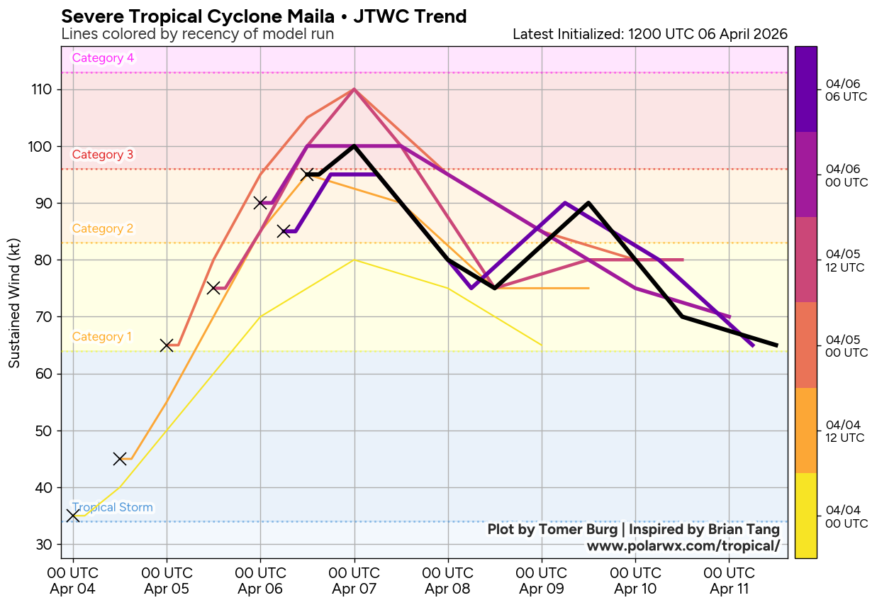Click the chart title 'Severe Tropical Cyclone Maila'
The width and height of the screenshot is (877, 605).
(264, 16)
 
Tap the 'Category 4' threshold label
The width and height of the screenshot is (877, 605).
(103, 58)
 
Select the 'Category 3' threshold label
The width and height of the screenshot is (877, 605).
(103, 155)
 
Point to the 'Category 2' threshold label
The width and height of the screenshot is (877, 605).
(103, 228)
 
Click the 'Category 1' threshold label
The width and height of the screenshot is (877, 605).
(102, 336)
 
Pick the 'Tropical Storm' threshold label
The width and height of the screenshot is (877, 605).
(113, 507)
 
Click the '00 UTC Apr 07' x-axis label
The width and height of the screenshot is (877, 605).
(354, 581)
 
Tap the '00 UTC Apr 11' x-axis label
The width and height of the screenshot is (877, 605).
(729, 581)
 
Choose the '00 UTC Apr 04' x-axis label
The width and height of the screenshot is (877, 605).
(73, 581)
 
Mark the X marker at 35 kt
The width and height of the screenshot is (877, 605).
(73, 516)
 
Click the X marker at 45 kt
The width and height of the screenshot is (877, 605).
(120, 459)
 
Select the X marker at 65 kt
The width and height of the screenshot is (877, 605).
(167, 345)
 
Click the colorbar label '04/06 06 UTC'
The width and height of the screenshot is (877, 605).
(846, 91)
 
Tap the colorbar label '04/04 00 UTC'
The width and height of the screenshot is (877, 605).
(846, 517)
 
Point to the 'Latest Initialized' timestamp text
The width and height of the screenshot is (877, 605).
(649, 34)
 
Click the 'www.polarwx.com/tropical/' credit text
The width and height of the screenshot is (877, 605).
(683, 545)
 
